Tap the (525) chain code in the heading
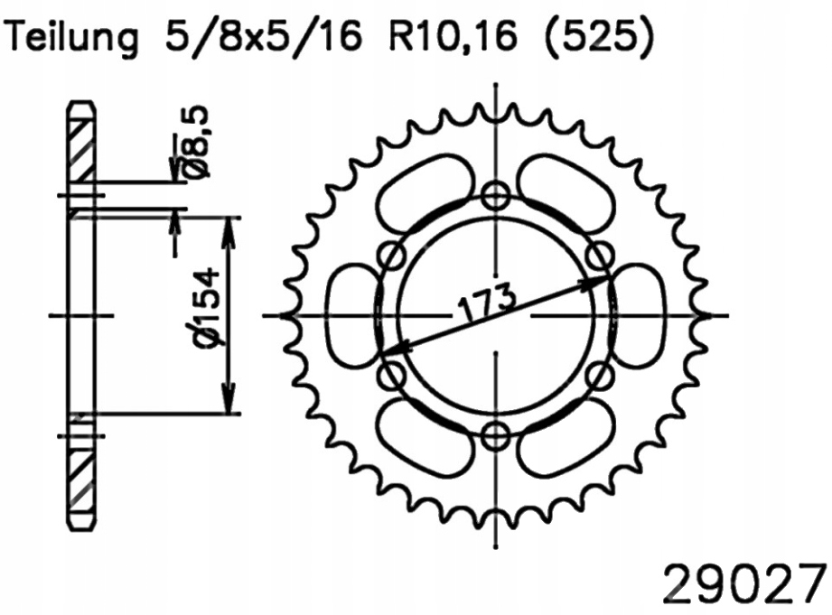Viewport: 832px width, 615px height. click(x=601, y=37)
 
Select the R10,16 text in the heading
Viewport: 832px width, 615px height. click(x=453, y=37)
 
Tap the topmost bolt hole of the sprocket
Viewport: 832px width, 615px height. click(x=496, y=196)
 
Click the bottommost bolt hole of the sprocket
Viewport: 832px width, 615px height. click(x=496, y=436)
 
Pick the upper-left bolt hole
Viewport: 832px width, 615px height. click(x=393, y=256)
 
